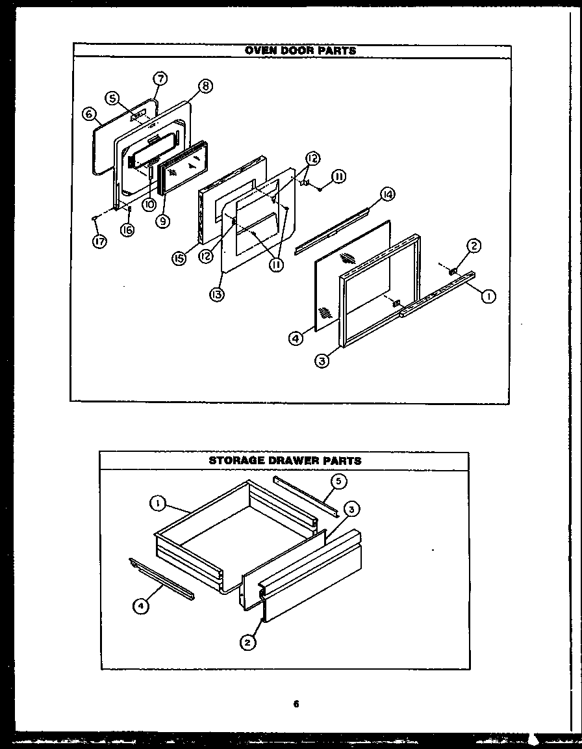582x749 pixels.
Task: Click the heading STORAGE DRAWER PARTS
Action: [285, 460]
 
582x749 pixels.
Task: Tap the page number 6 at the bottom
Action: [296, 703]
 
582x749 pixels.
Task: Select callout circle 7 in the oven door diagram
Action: [160, 79]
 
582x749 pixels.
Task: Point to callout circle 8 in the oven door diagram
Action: [205, 86]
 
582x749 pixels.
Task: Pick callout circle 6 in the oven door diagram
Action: [89, 113]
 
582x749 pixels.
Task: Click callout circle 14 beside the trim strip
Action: [388, 194]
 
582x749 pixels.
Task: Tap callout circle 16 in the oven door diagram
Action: [128, 229]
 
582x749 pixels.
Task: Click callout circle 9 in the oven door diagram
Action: [162, 221]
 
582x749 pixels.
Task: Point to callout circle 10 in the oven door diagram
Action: [149, 204]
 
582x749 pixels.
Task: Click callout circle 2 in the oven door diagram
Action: [474, 245]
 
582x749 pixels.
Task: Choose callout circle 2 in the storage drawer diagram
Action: [246, 642]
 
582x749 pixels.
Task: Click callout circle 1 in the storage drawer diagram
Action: [157, 502]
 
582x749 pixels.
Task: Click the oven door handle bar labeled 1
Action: [435, 296]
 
